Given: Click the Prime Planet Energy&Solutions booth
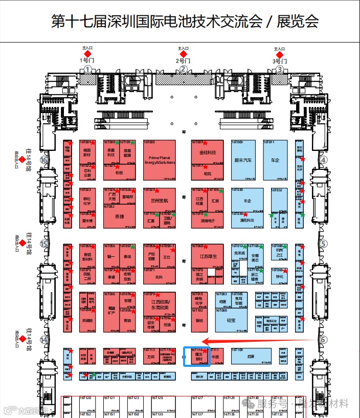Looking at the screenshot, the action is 160,160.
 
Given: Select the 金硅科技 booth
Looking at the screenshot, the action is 208,152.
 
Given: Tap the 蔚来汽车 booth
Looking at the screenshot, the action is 243,160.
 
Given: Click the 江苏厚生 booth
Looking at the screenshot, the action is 208,257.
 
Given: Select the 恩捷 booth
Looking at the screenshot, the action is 120,216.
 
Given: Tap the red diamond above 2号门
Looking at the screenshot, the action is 183,53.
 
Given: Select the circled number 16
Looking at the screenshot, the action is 44,160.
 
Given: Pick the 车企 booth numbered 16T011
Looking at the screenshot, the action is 276,160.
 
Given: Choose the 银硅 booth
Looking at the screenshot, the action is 199,321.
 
